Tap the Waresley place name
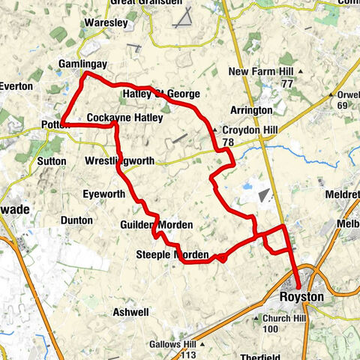[106, 23]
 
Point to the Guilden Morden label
[156, 225]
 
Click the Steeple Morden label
[172, 256]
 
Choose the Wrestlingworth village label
[120, 161]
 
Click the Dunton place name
[77, 220]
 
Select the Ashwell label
[130, 311]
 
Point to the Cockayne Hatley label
[124, 118]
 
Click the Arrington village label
[251, 110]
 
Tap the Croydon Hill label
[250, 130]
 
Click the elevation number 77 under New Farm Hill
[287, 85]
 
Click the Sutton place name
[52, 160]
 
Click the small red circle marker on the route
[222, 259]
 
